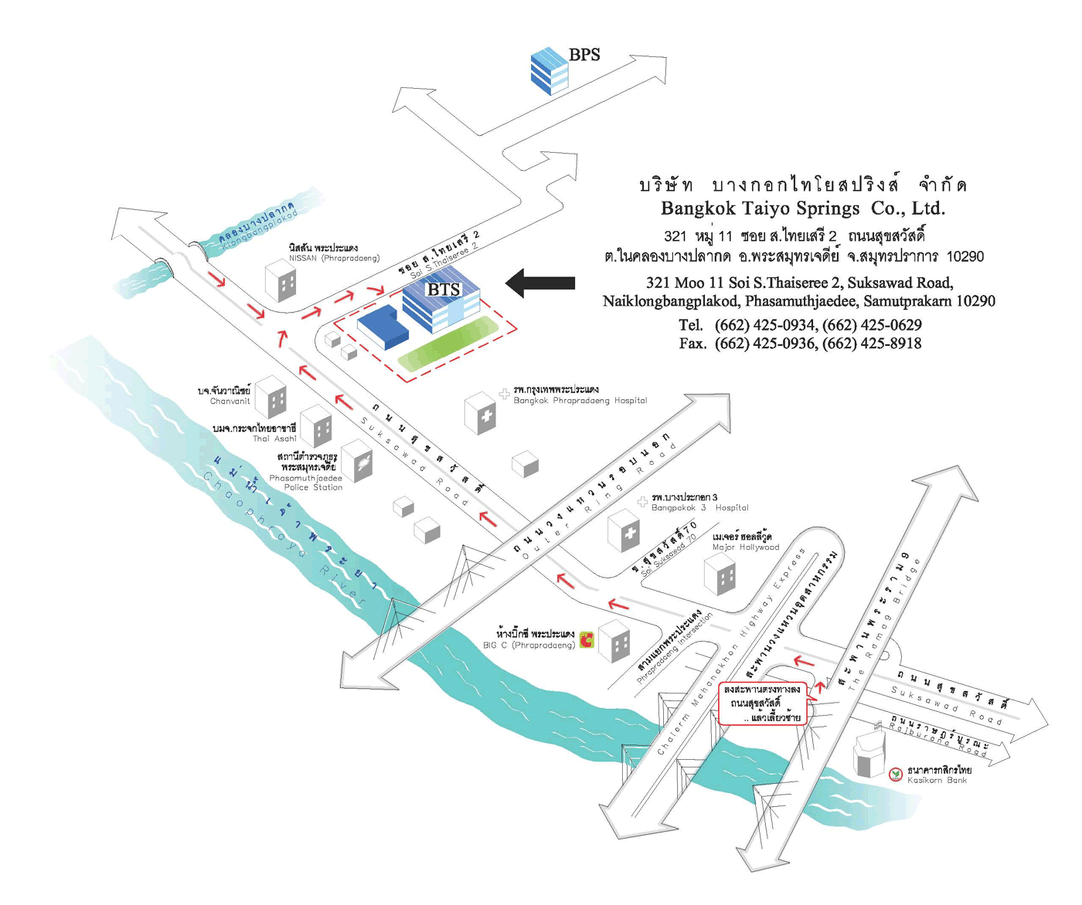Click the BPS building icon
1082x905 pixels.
[x=550, y=70]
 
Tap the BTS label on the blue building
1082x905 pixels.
[x=443, y=290]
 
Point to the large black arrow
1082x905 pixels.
[x=541, y=283]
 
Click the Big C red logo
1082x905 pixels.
[x=587, y=640]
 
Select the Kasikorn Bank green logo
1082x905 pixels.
[x=896, y=774]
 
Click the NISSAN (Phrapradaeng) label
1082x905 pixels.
[x=333, y=258]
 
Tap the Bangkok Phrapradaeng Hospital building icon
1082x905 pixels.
[x=480, y=413]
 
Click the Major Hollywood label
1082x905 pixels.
[x=745, y=547]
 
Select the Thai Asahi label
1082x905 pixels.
[x=274, y=439]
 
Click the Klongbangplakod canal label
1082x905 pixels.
[x=257, y=226]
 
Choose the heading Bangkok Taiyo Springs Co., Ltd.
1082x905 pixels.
[x=802, y=208]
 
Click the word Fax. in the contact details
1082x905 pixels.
[x=692, y=344]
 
